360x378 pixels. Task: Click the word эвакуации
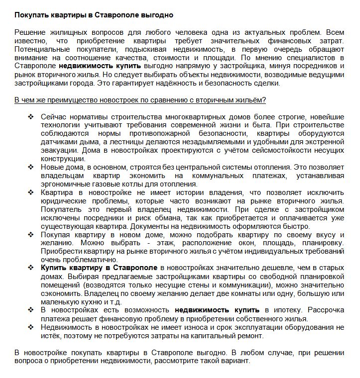(x=58, y=150)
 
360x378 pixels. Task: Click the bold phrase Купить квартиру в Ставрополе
(x=99, y=268)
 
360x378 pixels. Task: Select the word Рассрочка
(x=326, y=310)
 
